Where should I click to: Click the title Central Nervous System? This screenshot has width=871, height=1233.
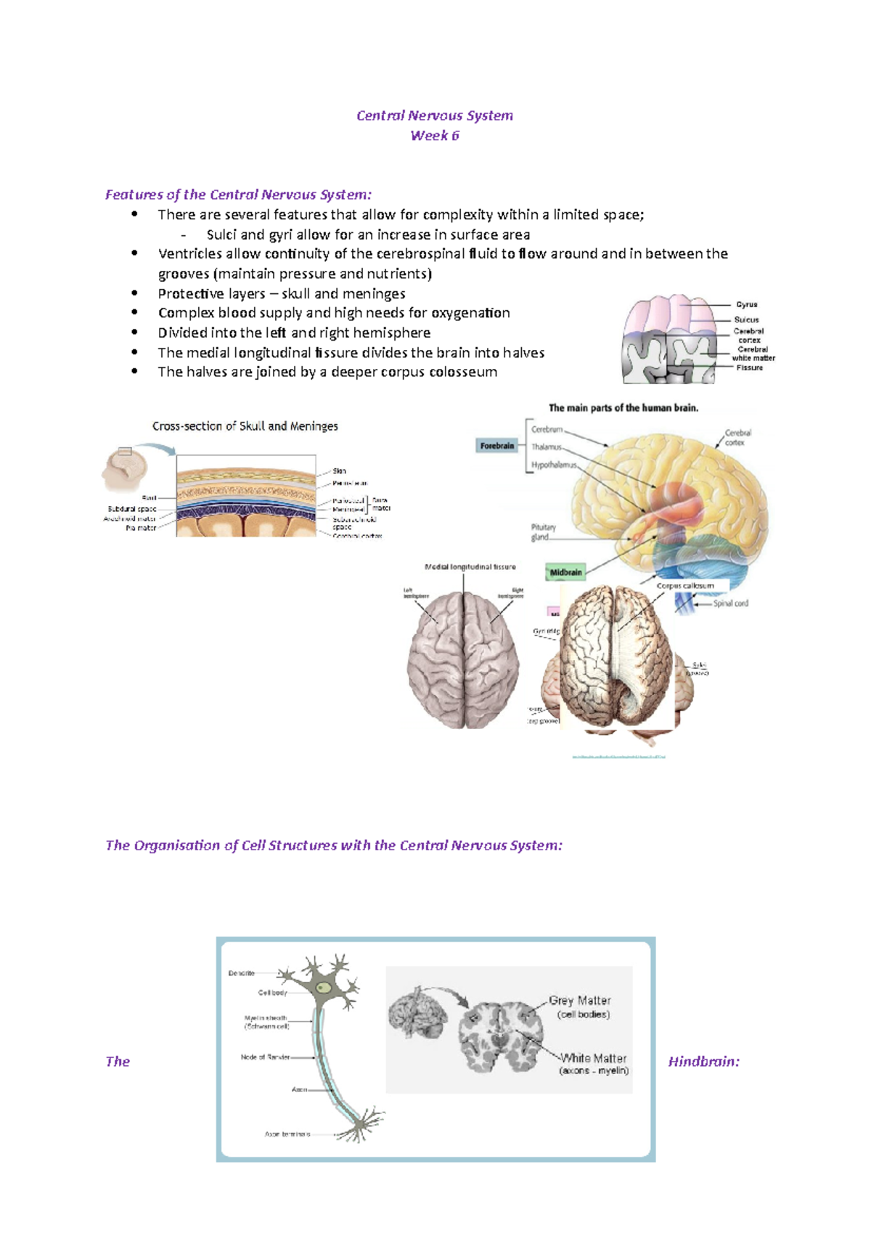434,115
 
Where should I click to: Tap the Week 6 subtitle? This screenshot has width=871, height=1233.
434,136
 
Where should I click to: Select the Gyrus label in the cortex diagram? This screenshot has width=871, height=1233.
746,305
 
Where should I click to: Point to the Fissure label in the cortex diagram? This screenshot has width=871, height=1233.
749,368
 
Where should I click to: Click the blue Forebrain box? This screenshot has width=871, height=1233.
497,446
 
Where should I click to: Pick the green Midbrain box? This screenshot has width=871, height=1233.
565,572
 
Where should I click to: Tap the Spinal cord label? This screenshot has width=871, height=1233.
729,603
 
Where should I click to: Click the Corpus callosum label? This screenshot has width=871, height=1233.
684,585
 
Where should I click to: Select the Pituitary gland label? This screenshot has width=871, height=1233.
543,532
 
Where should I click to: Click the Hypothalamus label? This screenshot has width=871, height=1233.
554,465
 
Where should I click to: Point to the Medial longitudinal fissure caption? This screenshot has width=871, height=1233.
470,566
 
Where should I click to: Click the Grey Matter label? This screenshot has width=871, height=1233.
579,1001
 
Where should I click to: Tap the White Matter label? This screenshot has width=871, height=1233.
593,1059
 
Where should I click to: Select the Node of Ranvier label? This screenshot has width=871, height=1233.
265,1057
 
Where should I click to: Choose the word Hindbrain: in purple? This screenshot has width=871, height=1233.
703,1062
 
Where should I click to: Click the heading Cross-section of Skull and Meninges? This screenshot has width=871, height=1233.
245,426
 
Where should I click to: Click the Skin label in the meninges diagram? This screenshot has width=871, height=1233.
339,471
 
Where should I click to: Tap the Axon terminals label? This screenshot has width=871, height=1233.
287,1134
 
